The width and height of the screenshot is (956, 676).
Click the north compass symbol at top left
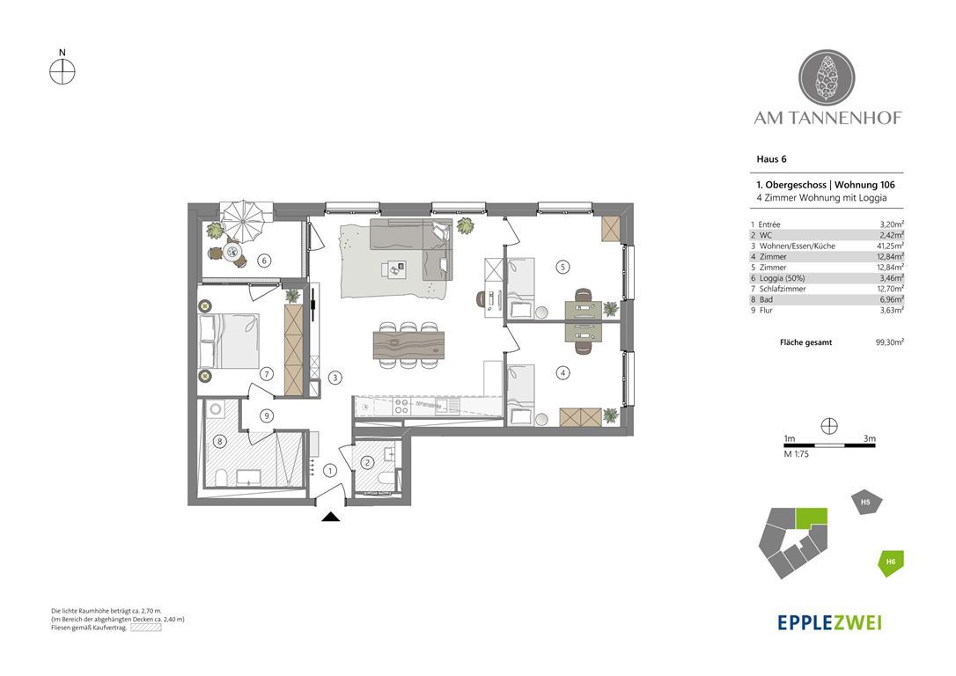63,72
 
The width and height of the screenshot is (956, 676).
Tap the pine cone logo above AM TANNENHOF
827,78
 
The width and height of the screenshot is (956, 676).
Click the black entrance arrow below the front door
331,518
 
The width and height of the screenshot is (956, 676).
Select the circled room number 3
335,378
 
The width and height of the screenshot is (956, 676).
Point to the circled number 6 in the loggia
264,261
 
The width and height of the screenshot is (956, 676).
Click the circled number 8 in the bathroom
220,441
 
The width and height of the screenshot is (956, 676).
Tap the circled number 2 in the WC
367,463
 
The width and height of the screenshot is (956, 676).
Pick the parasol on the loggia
244,221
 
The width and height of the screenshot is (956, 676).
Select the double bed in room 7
229,342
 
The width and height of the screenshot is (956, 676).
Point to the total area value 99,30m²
890,342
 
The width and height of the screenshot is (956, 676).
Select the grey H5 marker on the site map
866,503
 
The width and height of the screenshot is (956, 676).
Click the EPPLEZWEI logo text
829,622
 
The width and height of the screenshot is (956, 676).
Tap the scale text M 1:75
797,454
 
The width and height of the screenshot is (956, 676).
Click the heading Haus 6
771,159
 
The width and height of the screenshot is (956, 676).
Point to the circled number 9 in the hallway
266,416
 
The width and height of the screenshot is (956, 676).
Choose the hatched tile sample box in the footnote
146,628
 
